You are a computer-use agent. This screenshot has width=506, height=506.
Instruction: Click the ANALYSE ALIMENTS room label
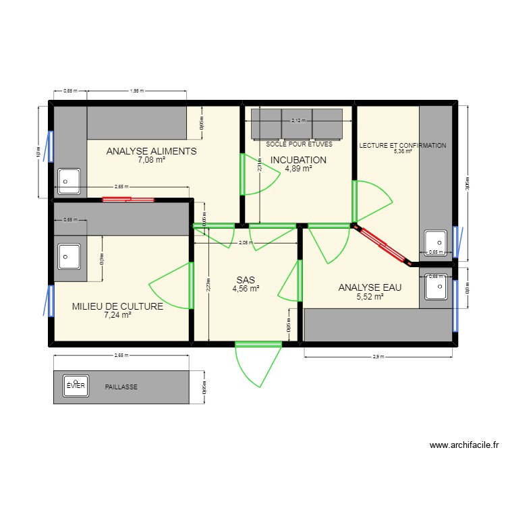151,151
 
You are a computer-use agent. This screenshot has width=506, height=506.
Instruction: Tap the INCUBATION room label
298,160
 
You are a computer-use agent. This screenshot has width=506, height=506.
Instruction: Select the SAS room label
246,279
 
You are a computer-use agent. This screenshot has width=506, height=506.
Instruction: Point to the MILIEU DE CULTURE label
117,306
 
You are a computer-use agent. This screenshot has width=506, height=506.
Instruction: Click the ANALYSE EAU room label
370,287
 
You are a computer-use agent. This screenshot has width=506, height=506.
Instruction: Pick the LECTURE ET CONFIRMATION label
403,145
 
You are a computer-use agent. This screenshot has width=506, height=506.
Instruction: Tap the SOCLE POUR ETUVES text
299,144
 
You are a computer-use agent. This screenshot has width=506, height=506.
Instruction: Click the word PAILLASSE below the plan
121,387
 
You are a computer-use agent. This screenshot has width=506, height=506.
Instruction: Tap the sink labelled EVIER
76,385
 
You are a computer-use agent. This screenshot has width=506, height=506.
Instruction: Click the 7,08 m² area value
151,161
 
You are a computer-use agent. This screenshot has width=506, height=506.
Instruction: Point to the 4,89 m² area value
298,169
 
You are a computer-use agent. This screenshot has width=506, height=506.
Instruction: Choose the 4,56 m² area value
246,288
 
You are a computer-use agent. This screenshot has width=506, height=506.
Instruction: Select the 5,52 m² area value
370,296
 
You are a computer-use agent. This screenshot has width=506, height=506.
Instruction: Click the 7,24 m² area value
117,315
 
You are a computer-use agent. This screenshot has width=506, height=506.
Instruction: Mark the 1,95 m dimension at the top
135,90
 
